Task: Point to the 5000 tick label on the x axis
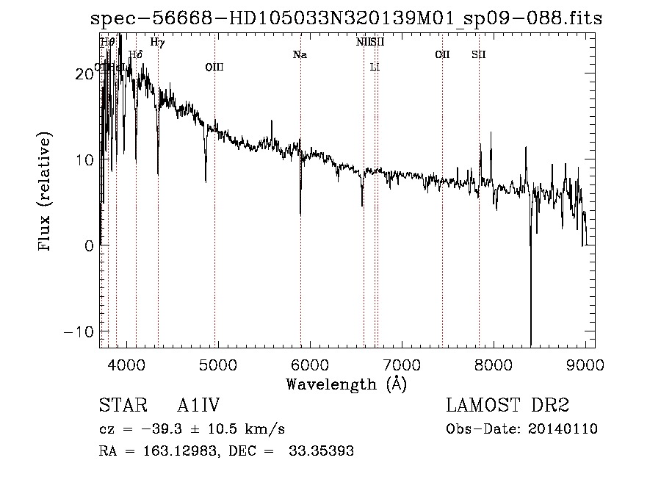coord(217,365)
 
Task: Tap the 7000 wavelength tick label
coord(402,365)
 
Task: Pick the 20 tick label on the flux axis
coord(85,73)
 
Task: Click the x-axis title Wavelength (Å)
coord(346,384)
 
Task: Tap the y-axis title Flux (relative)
coord(46,193)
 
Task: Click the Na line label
coord(300,54)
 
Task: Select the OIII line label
coord(214,67)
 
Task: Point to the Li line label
coord(375,67)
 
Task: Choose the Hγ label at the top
coord(157,42)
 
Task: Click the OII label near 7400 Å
coord(442,54)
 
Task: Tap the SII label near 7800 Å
coord(479,54)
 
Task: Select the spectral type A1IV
coord(199,406)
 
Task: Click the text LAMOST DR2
coord(508,406)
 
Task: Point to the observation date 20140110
coord(563,429)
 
